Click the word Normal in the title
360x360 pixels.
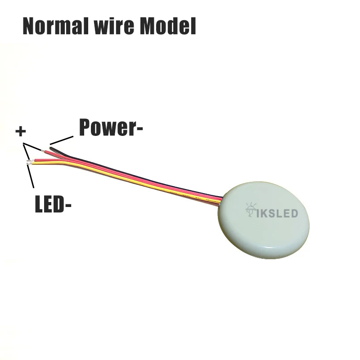(56, 27)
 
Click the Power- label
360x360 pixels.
(111, 127)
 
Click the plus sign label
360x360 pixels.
(20, 131)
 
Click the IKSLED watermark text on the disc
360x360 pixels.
(278, 212)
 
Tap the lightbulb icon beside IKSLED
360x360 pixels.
(250, 210)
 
